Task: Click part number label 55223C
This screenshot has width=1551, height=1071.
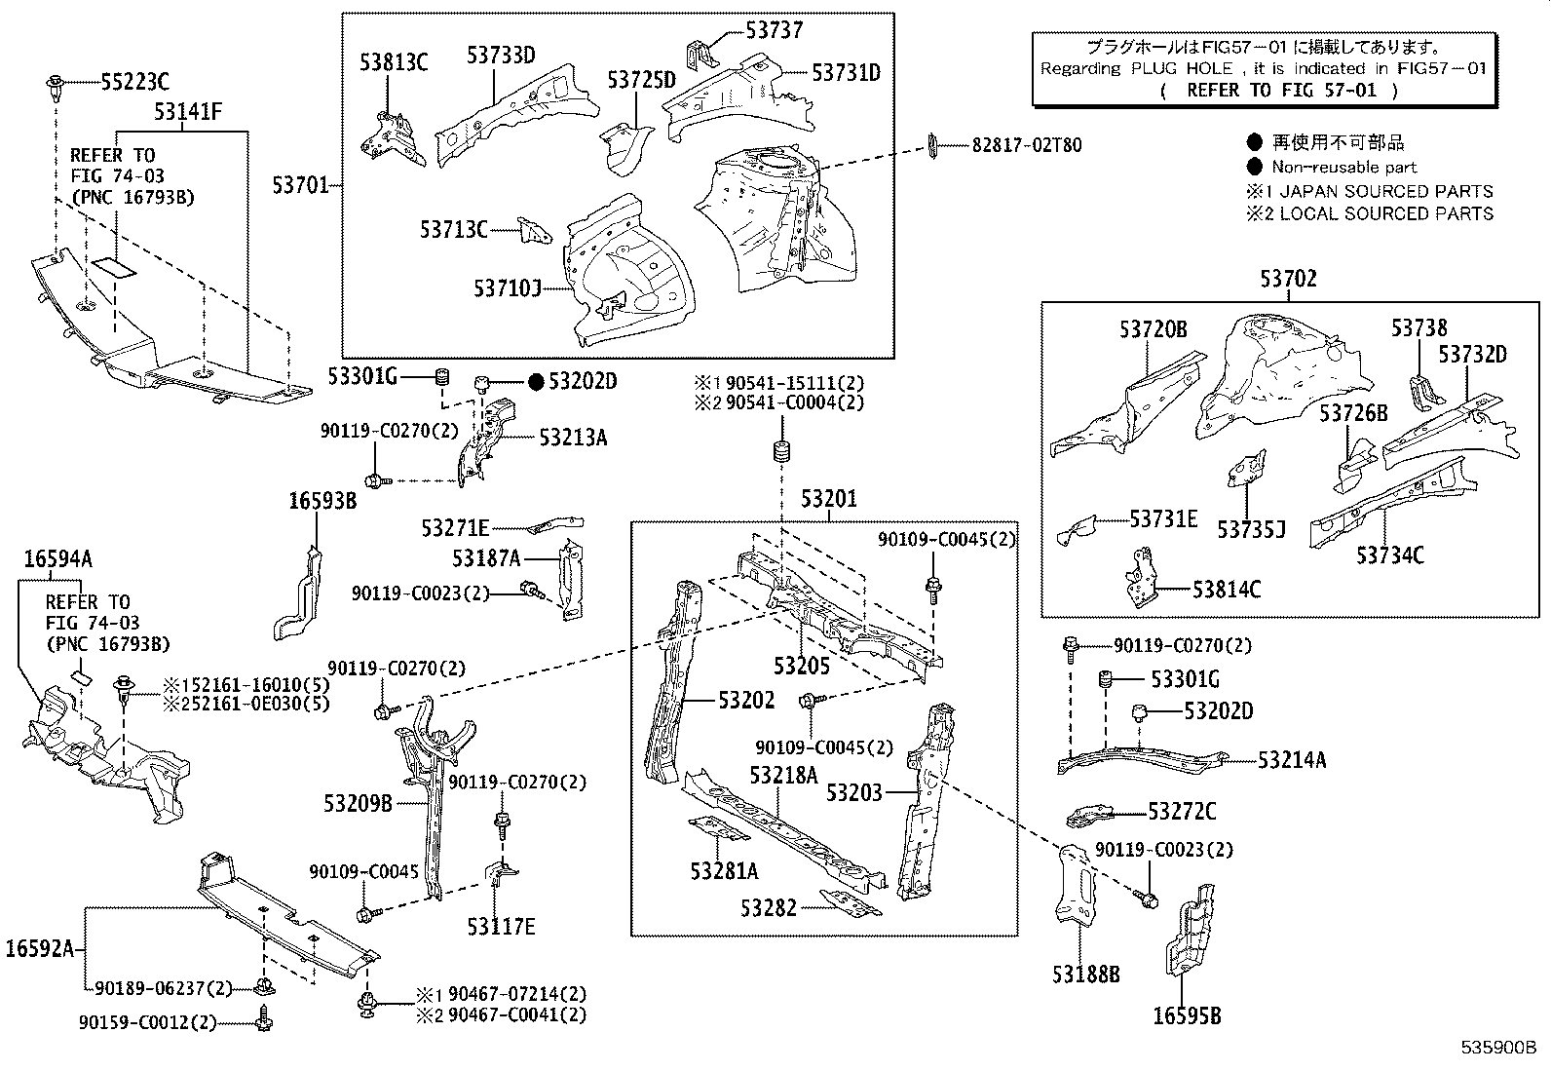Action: click(x=134, y=83)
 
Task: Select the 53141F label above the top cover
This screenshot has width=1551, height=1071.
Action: click(x=187, y=113)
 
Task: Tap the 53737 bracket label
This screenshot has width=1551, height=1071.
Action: click(x=775, y=30)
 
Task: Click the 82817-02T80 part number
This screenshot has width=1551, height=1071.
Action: click(x=1026, y=145)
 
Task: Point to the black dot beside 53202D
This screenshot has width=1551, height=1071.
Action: click(x=536, y=382)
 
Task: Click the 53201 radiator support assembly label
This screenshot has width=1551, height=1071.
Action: click(x=829, y=500)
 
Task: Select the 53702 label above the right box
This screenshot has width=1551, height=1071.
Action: click(x=1288, y=280)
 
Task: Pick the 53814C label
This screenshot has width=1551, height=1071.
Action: click(x=1226, y=590)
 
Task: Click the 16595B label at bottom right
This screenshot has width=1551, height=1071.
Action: click(x=1187, y=1016)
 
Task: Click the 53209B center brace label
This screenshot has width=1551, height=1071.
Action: click(x=358, y=804)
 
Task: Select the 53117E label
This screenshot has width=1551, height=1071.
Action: click(x=501, y=926)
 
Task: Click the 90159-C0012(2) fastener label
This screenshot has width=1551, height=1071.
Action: click(x=147, y=1022)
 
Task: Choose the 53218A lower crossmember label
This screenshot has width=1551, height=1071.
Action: click(x=782, y=775)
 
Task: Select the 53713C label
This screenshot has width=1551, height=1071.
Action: click(x=453, y=230)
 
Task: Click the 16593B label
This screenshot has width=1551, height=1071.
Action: click(x=322, y=501)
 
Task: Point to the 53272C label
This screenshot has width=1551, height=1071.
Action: click(x=1182, y=812)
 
